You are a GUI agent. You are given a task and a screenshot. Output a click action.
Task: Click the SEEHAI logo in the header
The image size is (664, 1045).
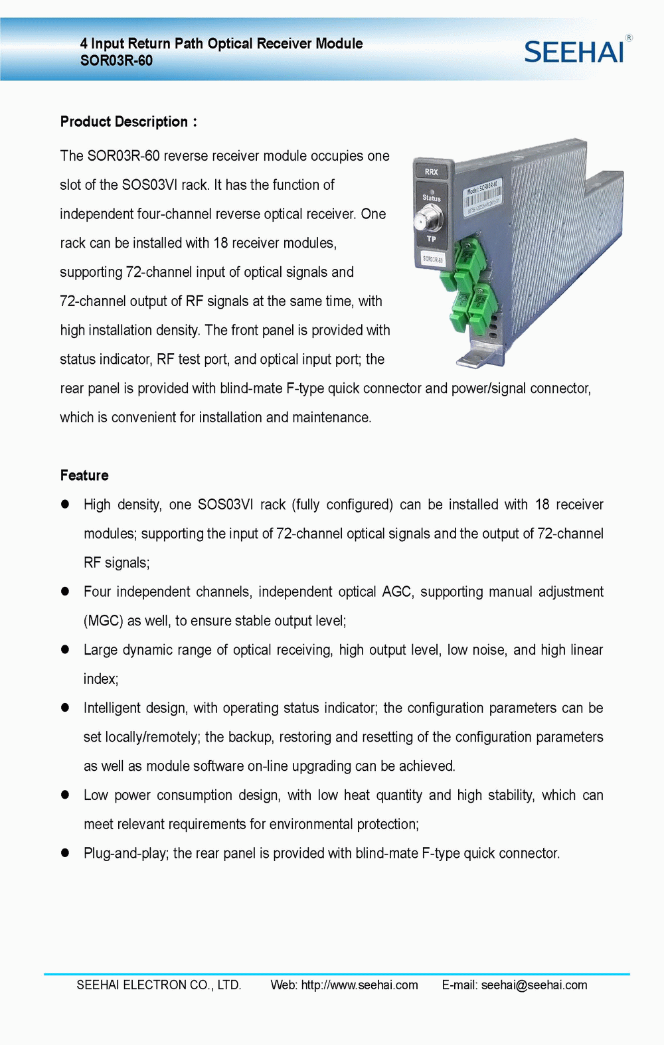click(574, 52)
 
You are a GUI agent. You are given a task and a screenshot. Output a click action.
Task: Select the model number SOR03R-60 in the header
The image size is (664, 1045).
click(116, 61)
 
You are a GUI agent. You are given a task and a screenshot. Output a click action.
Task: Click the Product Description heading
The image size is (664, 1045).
click(128, 121)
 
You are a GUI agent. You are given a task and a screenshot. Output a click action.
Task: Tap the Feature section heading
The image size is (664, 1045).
click(84, 475)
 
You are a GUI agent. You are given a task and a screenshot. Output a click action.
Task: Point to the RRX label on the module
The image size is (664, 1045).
click(432, 172)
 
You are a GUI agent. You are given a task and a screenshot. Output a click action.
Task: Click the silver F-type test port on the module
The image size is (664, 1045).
click(429, 217)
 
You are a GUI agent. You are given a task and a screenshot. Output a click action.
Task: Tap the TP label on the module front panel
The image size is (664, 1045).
click(432, 239)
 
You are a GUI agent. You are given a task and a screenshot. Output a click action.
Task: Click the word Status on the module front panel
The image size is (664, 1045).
click(432, 198)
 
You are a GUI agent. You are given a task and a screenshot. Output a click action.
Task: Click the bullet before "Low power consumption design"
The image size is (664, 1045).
click(65, 795)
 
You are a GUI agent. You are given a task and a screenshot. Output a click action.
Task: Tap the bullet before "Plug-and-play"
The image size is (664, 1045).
click(65, 853)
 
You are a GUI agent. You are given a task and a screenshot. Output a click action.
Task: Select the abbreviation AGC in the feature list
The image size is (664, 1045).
click(397, 592)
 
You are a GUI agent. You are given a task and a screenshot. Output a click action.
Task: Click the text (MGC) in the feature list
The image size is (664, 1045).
click(104, 621)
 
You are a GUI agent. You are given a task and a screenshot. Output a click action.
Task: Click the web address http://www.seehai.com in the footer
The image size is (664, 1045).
click(359, 985)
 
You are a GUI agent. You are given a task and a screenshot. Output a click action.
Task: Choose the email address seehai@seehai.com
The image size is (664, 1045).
click(534, 985)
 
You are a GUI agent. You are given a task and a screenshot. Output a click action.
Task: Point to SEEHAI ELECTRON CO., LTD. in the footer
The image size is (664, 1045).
click(159, 985)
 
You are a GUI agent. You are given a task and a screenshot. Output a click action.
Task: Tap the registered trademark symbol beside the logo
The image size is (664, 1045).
click(629, 38)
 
